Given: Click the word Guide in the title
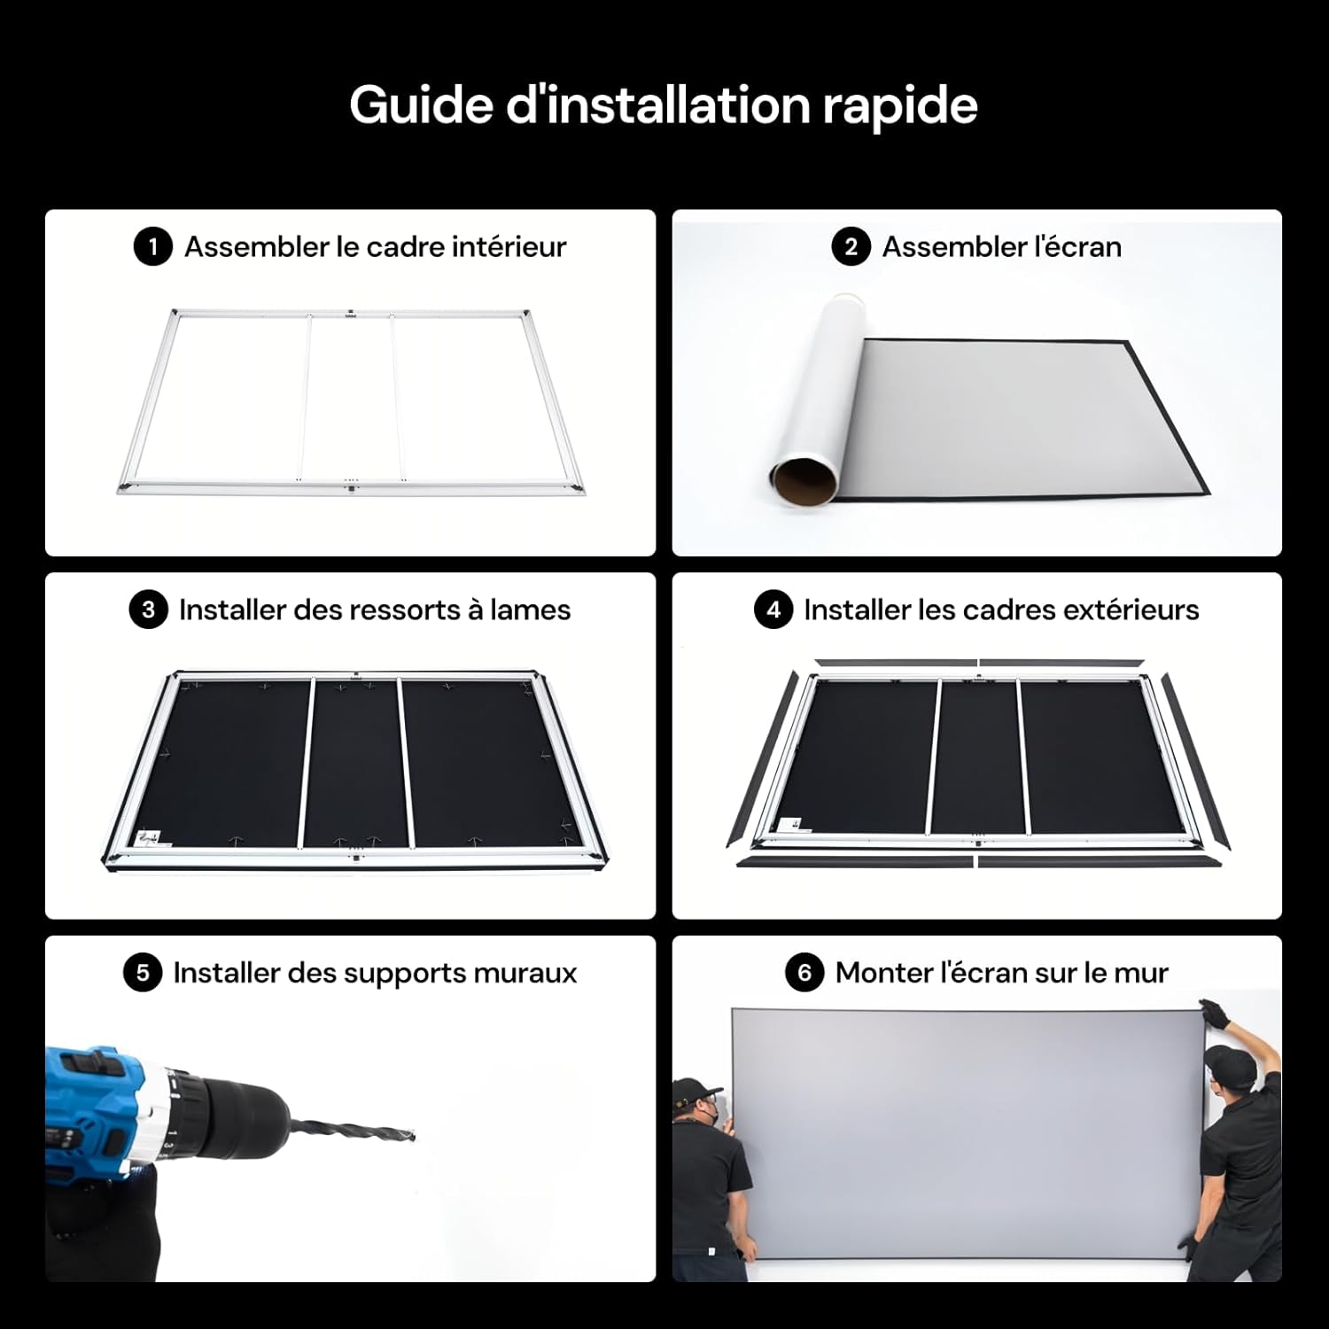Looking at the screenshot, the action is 421,106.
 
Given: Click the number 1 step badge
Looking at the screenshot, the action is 152,246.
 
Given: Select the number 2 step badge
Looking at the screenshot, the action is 851,246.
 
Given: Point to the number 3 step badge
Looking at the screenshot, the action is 148,610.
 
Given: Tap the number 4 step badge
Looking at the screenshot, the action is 773,610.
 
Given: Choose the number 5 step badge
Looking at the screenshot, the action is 143,973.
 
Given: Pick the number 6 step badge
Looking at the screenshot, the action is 804,973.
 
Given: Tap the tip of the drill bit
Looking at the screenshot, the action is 413,1136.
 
